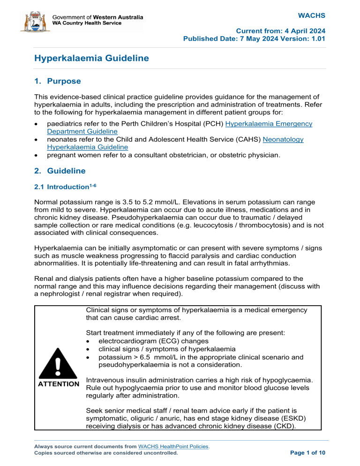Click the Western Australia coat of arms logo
click(x=32, y=21)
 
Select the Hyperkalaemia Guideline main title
click(x=92, y=58)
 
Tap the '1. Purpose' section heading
click(x=58, y=81)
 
